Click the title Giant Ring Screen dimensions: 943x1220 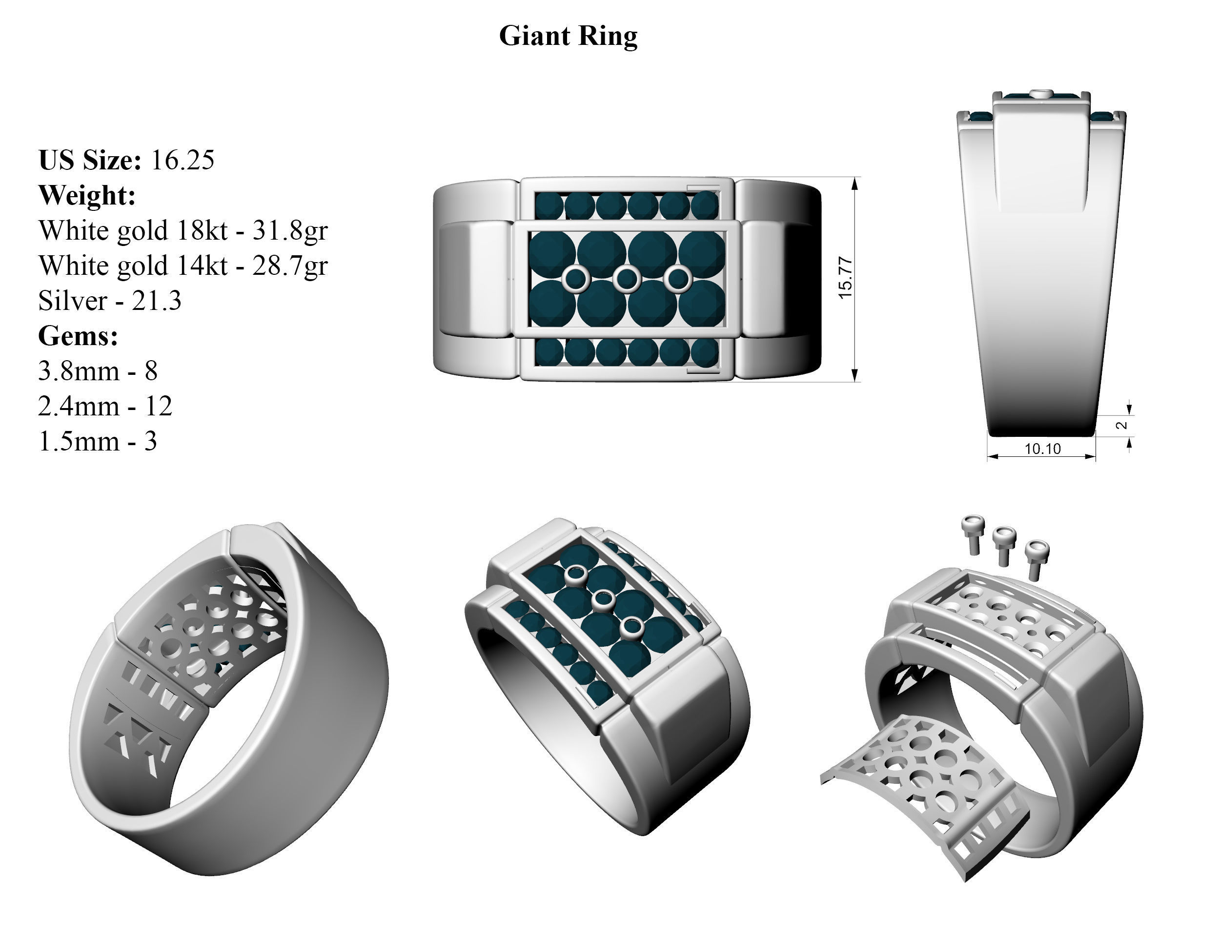tap(568, 36)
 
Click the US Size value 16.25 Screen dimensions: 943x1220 tap(182, 160)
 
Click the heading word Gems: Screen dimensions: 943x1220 tap(78, 336)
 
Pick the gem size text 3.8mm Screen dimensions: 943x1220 tap(79, 371)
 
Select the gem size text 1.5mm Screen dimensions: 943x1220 tap(79, 441)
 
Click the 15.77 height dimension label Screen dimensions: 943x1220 tap(846, 278)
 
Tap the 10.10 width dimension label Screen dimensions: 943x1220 tap(1042, 449)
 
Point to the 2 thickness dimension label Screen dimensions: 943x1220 tap(1121, 425)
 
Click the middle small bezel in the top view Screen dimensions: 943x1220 tap(627, 279)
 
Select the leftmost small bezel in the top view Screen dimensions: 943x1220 tap(575, 279)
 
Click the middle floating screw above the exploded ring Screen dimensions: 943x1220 tap(1004, 544)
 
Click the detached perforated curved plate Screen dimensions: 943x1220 tap(927, 793)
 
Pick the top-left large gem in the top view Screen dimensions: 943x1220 tap(551, 254)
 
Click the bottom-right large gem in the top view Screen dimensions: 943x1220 tap(702, 303)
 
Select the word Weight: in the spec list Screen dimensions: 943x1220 tap(86, 196)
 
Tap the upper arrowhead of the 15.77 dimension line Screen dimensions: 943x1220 tap(854, 185)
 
